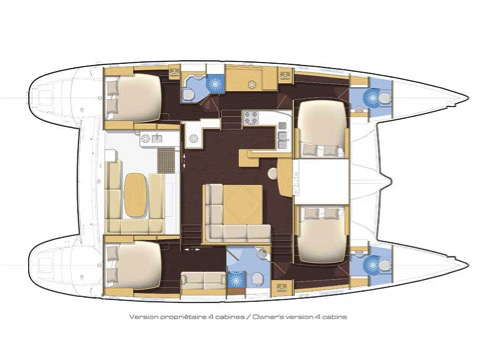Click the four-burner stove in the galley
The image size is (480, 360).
click(x=251, y=118)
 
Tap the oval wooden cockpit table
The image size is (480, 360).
click(x=135, y=195)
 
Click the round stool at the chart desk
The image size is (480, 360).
click(x=273, y=174)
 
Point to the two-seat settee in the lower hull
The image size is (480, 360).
click(x=203, y=280)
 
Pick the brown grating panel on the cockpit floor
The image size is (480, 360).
click(x=166, y=160)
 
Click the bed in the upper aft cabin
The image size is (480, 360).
click(x=134, y=97)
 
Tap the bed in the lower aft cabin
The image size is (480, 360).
click(x=134, y=264)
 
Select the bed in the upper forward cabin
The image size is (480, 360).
click(x=322, y=128)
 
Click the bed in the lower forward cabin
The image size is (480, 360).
click(x=322, y=234)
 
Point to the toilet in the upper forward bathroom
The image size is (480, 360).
click(x=385, y=98)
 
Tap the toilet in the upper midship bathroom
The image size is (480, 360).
click(x=189, y=95)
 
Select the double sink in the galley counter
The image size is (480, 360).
click(x=282, y=135)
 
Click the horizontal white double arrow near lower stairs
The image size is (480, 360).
click(x=192, y=249)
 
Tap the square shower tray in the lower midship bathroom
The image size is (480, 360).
click(x=236, y=280)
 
